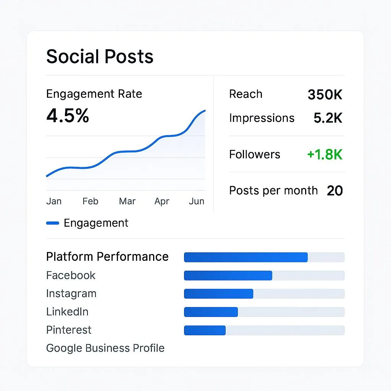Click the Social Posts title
tap(100, 57)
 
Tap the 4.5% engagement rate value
tap(68, 115)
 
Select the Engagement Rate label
tap(94, 94)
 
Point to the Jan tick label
tap(54, 201)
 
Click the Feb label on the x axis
tap(90, 201)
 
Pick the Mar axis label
tap(127, 201)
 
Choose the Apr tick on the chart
tap(162, 201)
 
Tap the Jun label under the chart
tap(196, 201)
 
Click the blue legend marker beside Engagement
tap(52, 223)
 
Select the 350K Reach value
tap(325, 95)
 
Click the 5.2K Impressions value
tap(328, 118)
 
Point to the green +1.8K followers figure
tap(325, 155)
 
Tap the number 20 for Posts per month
tap(335, 191)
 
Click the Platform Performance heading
tap(107, 257)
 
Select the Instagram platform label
tap(71, 294)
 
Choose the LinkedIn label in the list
tap(67, 312)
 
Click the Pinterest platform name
tap(69, 330)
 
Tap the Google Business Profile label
tap(105, 348)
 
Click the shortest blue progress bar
tap(205, 330)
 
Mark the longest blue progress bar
tap(246, 257)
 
